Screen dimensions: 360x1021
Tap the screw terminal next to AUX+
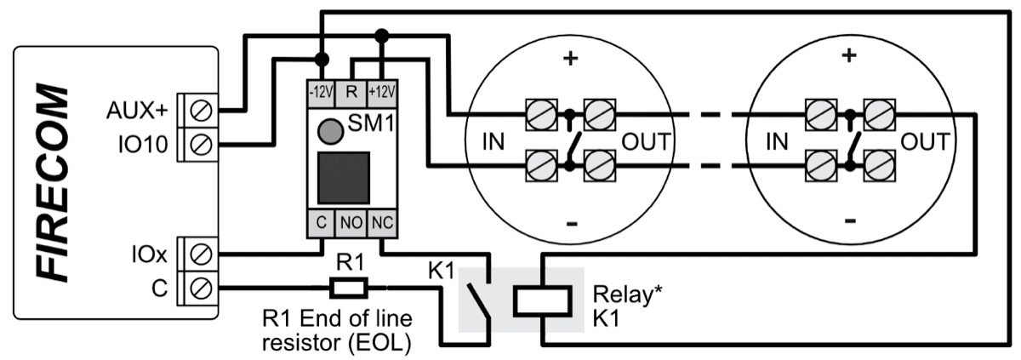[x=202, y=110]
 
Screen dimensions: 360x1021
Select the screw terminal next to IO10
[x=202, y=145]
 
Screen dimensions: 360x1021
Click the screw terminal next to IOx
[x=202, y=254]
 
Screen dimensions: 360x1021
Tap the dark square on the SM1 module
[x=343, y=179]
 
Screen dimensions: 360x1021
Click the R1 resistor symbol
[x=349, y=288]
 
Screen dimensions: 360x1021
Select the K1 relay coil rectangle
[x=540, y=300]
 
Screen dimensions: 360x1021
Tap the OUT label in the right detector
[x=924, y=141]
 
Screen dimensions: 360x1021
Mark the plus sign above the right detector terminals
[x=848, y=56]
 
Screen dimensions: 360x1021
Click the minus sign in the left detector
[x=571, y=222]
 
